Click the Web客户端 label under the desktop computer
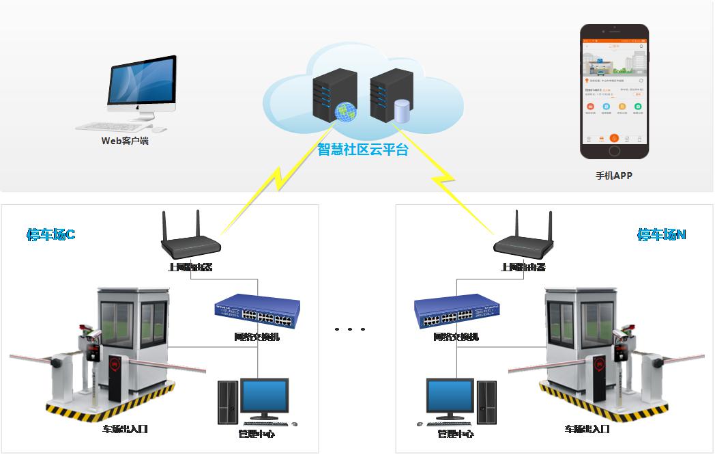[125, 141]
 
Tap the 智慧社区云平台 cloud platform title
[363, 150]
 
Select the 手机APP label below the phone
[614, 176]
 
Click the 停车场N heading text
[661, 234]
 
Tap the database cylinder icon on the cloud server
[402, 111]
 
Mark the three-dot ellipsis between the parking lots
[350, 329]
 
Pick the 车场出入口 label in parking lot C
[125, 429]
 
